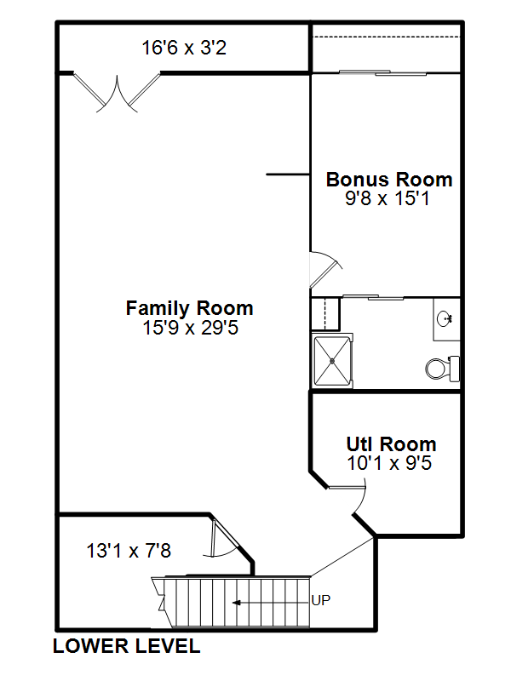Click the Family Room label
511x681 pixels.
click(x=189, y=308)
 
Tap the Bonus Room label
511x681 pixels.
click(x=389, y=180)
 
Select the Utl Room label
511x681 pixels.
click(x=391, y=444)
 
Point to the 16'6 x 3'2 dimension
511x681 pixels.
click(x=184, y=48)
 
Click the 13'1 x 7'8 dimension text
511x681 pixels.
click(x=129, y=551)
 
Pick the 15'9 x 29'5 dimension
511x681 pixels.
click(x=190, y=328)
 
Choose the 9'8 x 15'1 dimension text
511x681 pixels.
click(x=388, y=198)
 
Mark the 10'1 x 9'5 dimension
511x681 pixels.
click(x=389, y=463)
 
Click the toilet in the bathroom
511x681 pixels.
click(x=442, y=369)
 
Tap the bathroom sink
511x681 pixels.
click(x=445, y=318)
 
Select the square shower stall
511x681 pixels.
click(x=332, y=360)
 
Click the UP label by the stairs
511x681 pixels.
click(x=321, y=600)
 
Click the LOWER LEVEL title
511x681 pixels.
click(x=126, y=646)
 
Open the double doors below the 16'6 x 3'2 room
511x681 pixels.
click(x=117, y=93)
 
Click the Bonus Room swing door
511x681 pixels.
click(x=326, y=269)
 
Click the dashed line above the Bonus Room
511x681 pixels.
click(x=386, y=37)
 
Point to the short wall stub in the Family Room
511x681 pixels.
click(x=288, y=175)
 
